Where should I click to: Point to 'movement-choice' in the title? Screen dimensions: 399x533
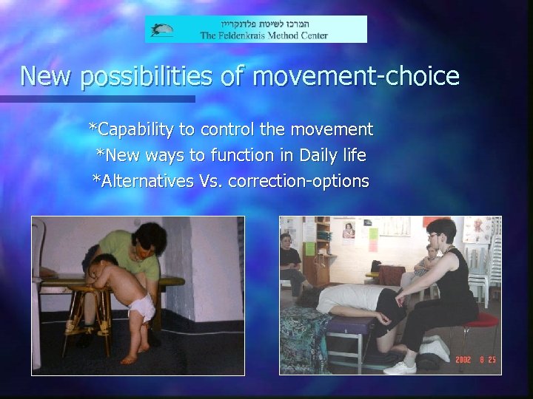(370, 75)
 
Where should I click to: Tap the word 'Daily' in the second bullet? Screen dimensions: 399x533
(314, 156)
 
